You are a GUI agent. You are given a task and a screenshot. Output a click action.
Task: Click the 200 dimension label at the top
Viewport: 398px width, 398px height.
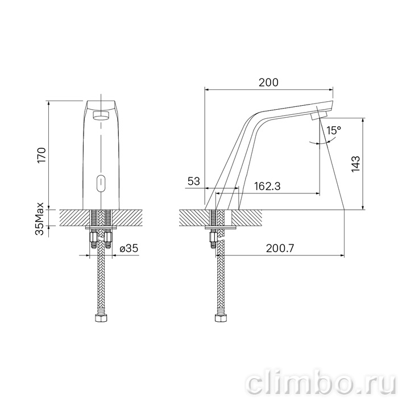click(x=268, y=82)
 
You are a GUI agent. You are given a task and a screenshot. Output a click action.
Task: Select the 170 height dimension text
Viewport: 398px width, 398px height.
click(x=42, y=155)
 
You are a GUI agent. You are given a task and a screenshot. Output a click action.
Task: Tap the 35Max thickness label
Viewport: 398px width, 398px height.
click(x=40, y=219)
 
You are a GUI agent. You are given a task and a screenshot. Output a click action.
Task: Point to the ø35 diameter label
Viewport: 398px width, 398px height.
click(x=129, y=248)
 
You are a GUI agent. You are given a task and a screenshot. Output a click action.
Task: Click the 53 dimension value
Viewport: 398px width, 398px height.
click(x=194, y=181)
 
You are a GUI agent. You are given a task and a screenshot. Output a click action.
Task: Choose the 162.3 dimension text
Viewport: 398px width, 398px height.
click(x=267, y=186)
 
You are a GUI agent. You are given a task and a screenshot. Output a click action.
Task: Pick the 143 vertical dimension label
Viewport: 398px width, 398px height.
click(x=355, y=164)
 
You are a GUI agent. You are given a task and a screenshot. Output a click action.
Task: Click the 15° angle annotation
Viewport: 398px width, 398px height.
click(x=334, y=130)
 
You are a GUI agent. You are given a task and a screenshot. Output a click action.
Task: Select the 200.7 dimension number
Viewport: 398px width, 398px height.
click(x=280, y=248)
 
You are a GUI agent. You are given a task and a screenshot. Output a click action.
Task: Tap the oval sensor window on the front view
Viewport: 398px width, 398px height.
click(x=101, y=183)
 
